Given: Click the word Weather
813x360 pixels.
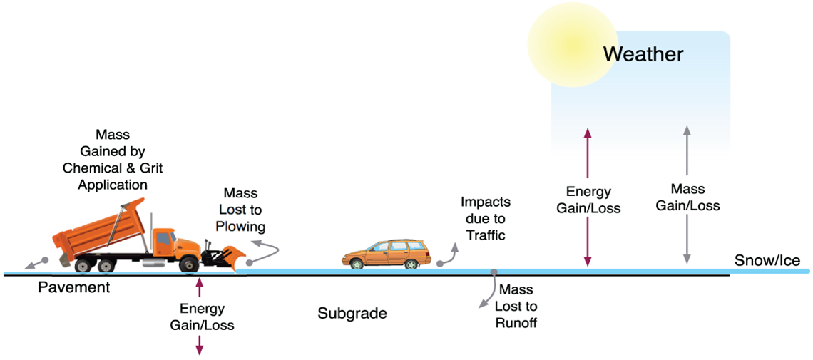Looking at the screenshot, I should (643, 53).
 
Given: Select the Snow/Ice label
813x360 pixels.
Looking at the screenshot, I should (767, 261).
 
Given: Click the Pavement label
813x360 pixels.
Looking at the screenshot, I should (74, 287).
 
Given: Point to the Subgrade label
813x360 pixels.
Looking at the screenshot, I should (352, 313).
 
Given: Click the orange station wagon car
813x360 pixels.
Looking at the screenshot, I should (387, 253).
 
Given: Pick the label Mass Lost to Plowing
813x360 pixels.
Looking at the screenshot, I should (241, 210).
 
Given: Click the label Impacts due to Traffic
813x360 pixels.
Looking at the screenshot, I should (486, 218).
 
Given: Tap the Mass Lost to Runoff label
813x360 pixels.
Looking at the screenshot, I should (516, 307).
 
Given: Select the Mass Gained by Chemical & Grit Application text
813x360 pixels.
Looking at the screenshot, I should (113, 159).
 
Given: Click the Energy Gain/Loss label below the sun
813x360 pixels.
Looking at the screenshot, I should (588, 200).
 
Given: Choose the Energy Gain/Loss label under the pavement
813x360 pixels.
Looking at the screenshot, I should (202, 317).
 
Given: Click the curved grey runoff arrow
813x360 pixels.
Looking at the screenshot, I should (488, 291).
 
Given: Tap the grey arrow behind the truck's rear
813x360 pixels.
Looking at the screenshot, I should (34, 263).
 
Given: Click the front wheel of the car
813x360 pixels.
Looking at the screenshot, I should (412, 264).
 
